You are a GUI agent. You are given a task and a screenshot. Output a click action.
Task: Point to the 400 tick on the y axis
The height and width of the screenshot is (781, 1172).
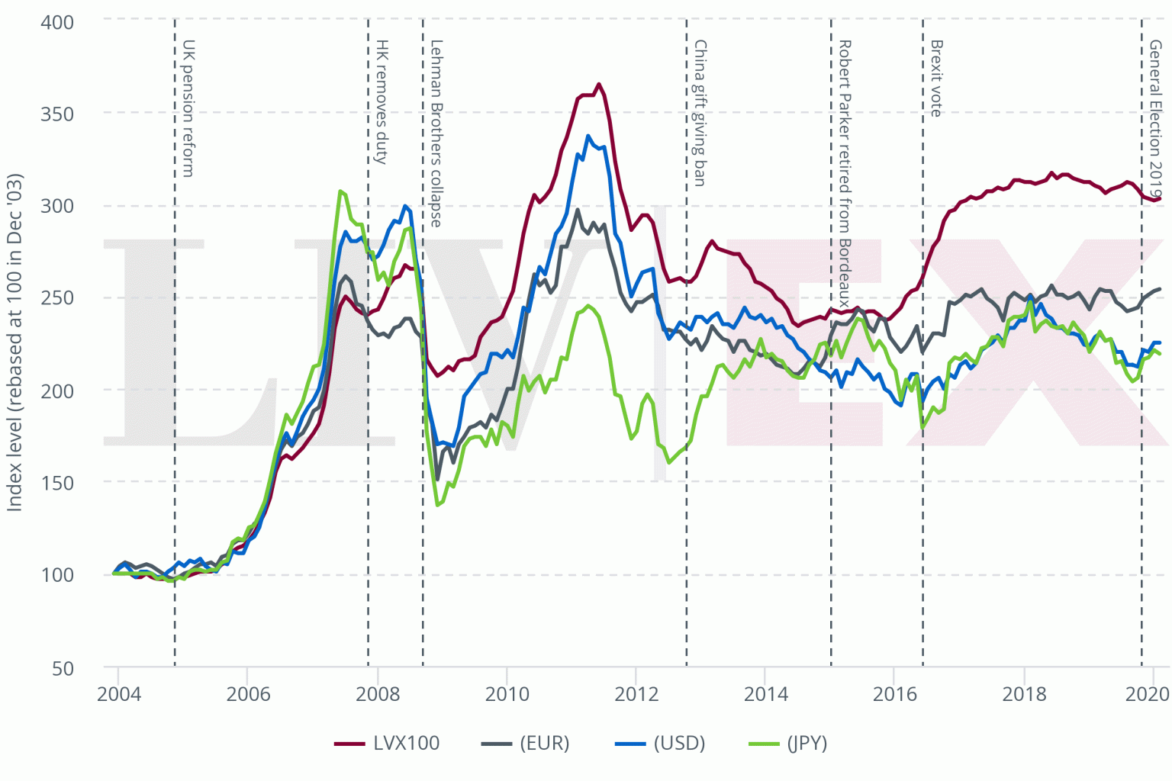pyautogui.click(x=57, y=22)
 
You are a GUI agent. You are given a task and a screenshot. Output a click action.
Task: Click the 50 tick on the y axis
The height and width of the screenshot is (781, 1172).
pyautogui.click(x=63, y=668)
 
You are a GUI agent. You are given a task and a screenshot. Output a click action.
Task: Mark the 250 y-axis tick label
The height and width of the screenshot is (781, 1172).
pyautogui.click(x=57, y=298)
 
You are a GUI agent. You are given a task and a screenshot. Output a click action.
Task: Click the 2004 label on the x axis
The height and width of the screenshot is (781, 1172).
pyautogui.click(x=118, y=693)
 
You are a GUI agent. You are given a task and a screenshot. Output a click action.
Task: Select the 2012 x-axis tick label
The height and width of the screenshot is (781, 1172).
pyautogui.click(x=636, y=693)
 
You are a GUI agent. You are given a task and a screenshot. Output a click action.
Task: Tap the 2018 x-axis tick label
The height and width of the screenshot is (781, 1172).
pyautogui.click(x=1024, y=693)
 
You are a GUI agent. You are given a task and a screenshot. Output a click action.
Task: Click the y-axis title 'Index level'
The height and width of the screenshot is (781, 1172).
pyautogui.click(x=14, y=342)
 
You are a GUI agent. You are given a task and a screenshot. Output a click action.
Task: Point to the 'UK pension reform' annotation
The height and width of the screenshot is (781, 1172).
pyautogui.click(x=188, y=108)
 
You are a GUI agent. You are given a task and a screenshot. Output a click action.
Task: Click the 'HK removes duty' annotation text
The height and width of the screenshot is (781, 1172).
pyautogui.click(x=382, y=102)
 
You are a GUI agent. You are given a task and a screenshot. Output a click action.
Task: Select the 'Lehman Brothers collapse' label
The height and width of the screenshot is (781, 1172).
pyautogui.click(x=436, y=133)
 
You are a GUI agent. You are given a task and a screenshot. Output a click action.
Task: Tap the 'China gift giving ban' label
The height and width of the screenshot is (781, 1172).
pyautogui.click(x=699, y=113)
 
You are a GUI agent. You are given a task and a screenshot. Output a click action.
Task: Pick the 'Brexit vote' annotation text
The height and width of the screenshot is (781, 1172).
pyautogui.click(x=936, y=79)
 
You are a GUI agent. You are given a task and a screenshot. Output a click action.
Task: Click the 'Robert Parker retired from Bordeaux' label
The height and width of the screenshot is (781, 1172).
pyautogui.click(x=844, y=173)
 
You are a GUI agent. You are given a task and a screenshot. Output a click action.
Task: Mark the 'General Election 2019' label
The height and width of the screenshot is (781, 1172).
pyautogui.click(x=1155, y=120)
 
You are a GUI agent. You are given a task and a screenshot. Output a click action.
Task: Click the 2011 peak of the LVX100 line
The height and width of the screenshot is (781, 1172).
pyautogui.click(x=599, y=84)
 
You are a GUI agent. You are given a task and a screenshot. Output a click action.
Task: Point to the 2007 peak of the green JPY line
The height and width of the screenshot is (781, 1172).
pyautogui.click(x=340, y=191)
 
